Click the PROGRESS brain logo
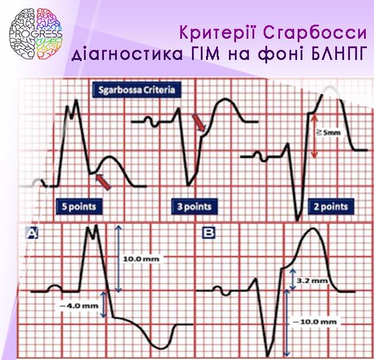click(36, 33)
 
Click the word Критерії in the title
click(218, 33)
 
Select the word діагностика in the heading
click(127, 54)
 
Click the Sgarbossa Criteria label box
click(136, 90)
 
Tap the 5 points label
click(79, 206)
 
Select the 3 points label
click(194, 206)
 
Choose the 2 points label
click(331, 206)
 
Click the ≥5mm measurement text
click(328, 132)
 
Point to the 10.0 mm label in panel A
click(141, 259)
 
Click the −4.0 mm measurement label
click(79, 305)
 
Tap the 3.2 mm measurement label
click(312, 281)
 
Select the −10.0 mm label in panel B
click(315, 322)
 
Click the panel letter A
click(32, 233)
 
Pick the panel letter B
click(208, 233)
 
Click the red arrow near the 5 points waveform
click(103, 182)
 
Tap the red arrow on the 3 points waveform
click(199, 122)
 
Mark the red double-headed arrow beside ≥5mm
click(315, 136)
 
